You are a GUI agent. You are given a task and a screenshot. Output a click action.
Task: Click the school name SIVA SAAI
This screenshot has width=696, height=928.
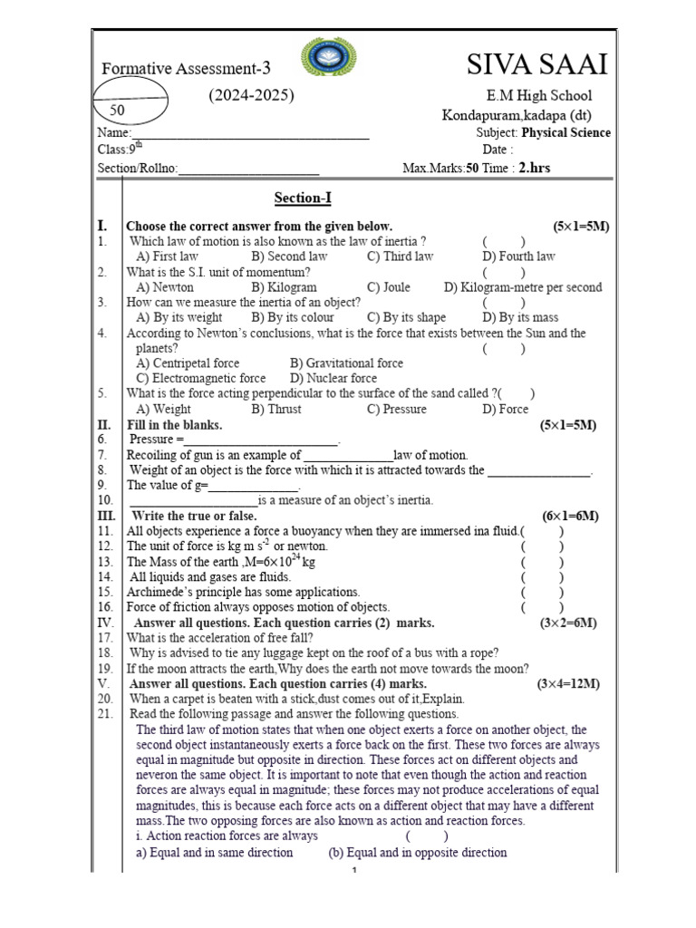(x=537, y=65)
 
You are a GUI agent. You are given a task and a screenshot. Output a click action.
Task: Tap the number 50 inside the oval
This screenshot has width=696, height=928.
(x=117, y=111)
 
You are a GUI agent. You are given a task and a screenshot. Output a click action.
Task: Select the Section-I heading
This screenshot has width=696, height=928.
(x=296, y=198)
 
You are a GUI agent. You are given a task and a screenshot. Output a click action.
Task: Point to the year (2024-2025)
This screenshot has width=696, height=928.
(x=252, y=95)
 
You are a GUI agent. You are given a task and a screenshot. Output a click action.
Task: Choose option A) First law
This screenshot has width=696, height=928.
(x=167, y=256)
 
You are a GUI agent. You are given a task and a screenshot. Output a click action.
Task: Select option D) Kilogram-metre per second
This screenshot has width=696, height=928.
(x=523, y=287)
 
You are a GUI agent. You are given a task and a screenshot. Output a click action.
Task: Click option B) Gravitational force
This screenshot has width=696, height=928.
(x=346, y=362)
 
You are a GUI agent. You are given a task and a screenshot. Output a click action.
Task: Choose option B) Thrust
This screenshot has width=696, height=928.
(x=276, y=409)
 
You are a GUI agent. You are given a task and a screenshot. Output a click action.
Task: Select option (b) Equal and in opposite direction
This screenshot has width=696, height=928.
(x=417, y=853)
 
